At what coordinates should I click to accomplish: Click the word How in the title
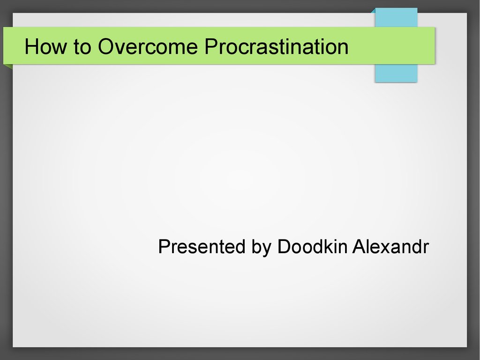[45, 46]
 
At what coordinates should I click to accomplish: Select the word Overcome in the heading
[148, 46]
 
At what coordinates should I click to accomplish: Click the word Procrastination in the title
[277, 46]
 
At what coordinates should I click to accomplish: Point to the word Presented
[202, 247]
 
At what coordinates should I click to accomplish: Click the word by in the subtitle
[262, 248]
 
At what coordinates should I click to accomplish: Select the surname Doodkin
[312, 246]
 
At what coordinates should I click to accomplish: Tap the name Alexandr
[390, 247]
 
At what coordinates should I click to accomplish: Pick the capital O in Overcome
[106, 46]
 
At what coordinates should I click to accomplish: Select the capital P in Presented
[165, 247]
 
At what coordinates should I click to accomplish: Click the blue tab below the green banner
[396, 73]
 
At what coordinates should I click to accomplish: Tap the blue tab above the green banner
[396, 17]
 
